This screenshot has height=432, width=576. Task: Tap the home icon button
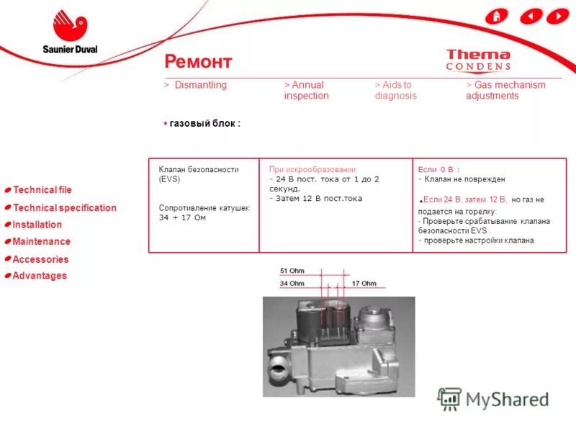point(496,16)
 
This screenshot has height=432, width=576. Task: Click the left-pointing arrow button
point(531,16)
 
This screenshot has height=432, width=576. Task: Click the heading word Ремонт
point(198,61)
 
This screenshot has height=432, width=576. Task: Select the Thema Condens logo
point(478,60)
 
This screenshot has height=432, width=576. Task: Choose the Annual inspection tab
point(306,90)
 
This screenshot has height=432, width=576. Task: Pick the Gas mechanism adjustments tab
point(505,90)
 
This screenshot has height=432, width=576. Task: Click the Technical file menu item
point(42,190)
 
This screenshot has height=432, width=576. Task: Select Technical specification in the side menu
point(64,208)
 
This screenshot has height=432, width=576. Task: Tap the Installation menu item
point(37,225)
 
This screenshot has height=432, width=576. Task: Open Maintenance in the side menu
point(41,242)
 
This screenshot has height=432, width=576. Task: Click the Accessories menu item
point(40,259)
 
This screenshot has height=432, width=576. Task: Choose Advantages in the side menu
point(39,276)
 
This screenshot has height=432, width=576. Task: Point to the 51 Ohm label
point(292,271)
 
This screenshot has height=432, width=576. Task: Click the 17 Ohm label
point(364,284)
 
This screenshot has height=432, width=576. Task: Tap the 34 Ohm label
point(292,284)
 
